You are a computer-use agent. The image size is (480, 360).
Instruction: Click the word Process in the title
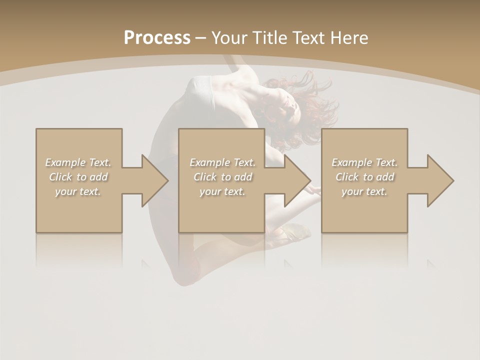[x=157, y=37]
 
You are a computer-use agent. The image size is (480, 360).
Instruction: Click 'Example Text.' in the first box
[x=78, y=162]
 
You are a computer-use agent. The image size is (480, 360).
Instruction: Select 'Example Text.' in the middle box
[x=222, y=162]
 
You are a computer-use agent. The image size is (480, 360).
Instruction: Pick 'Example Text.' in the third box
[x=364, y=162]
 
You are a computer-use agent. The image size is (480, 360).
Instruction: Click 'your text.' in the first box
[x=78, y=191]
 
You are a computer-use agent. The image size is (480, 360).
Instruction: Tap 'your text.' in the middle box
[x=222, y=191]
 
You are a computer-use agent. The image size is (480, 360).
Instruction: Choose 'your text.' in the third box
[x=364, y=191]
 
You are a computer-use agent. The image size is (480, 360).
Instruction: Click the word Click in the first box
[x=60, y=177]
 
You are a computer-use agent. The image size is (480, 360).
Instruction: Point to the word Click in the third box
[x=347, y=177]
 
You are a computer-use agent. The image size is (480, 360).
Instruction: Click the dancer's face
[x=289, y=103]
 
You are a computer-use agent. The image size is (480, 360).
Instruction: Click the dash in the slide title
[x=200, y=38]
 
